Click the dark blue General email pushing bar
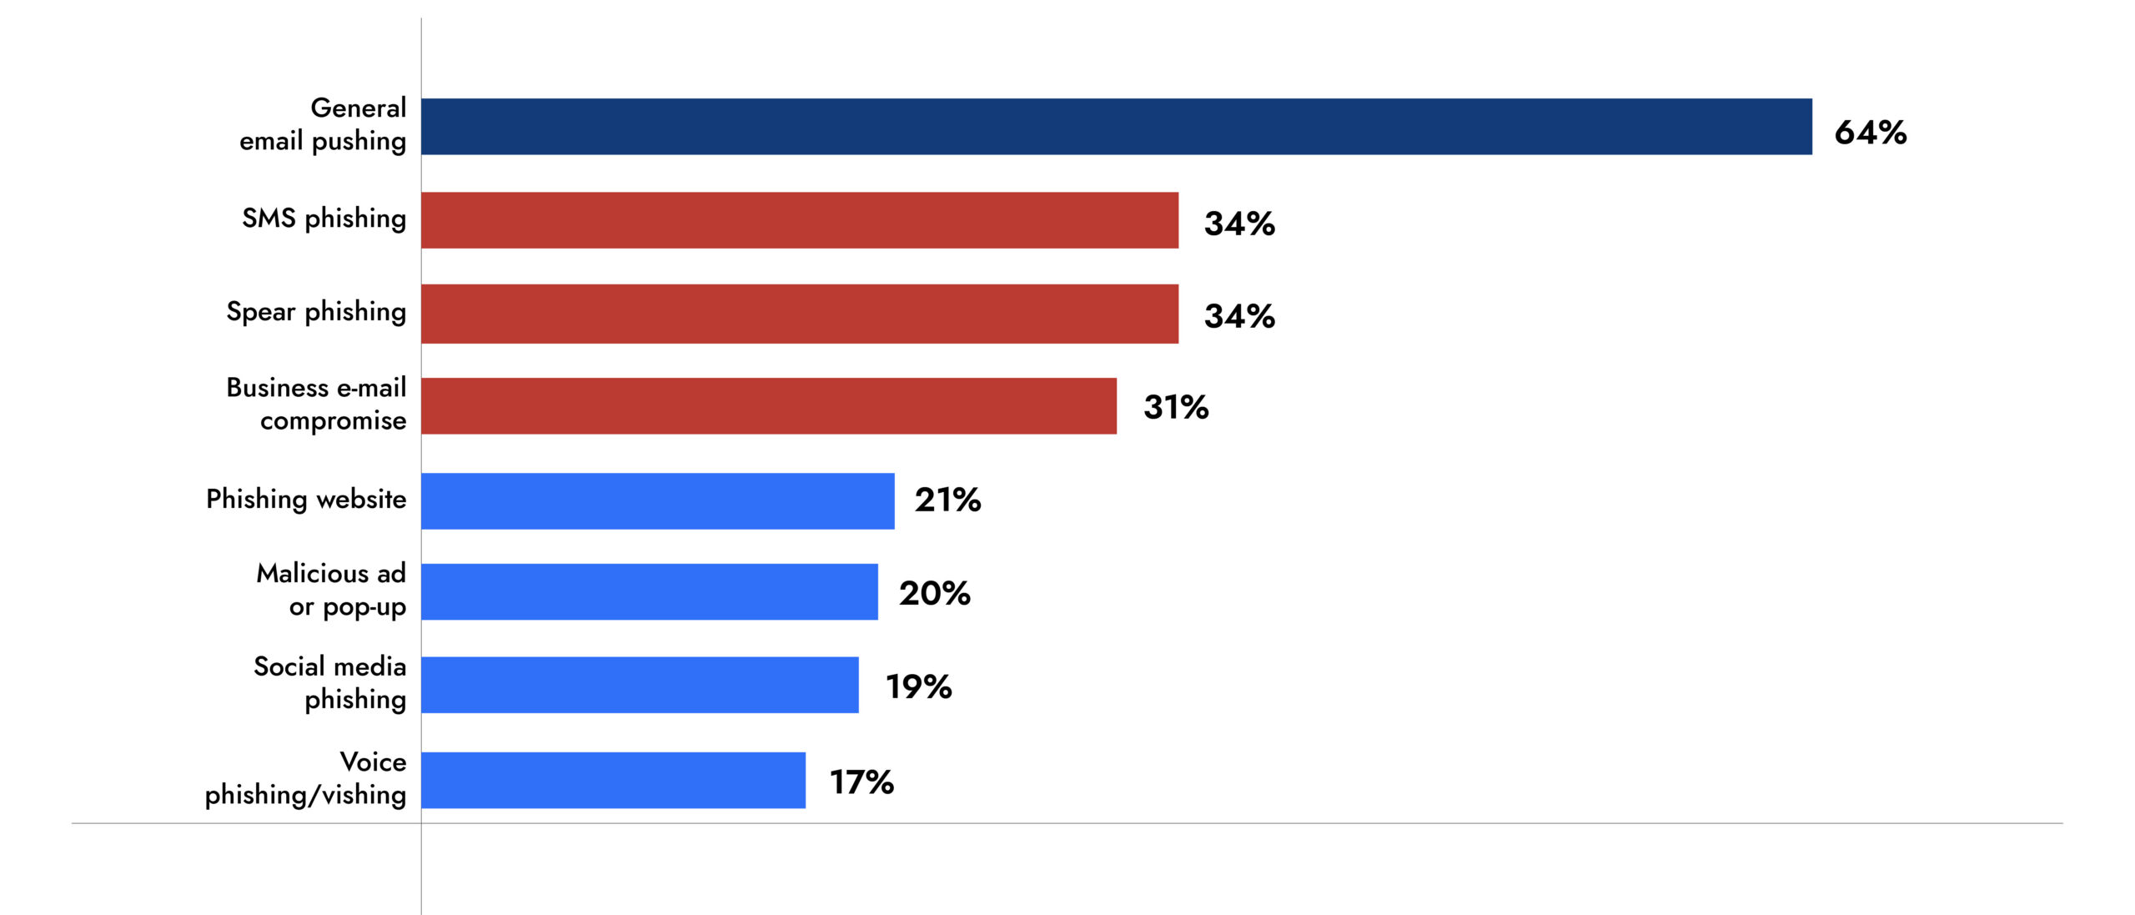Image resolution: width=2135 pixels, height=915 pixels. [x=1116, y=127]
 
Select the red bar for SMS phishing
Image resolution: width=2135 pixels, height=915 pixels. [x=799, y=220]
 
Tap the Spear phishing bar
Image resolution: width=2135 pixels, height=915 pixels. [x=799, y=314]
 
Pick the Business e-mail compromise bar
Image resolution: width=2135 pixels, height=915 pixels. [x=768, y=406]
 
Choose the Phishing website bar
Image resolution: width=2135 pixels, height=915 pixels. [x=657, y=501]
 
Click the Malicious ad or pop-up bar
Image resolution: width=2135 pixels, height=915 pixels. [x=649, y=592]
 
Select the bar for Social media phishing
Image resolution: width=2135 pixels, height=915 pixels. [x=640, y=685]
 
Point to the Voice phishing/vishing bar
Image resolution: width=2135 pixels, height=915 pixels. [x=613, y=781]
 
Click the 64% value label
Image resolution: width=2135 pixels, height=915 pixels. [x=1870, y=133]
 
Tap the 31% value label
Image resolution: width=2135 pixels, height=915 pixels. [x=1175, y=407]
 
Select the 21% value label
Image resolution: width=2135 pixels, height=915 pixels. [x=947, y=500]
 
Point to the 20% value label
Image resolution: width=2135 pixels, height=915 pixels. [x=934, y=593]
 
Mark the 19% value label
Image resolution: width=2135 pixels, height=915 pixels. [x=918, y=686]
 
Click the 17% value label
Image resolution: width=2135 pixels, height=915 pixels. [x=862, y=782]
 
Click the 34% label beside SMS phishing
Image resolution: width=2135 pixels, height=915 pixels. [x=1239, y=224]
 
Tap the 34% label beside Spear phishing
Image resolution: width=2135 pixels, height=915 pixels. [x=1239, y=316]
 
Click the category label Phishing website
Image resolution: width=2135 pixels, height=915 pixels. [x=306, y=500]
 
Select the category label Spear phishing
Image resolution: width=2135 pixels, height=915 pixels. [x=316, y=312]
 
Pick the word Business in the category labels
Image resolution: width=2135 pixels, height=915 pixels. [x=277, y=388]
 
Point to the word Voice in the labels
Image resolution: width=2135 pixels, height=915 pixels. [x=373, y=762]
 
